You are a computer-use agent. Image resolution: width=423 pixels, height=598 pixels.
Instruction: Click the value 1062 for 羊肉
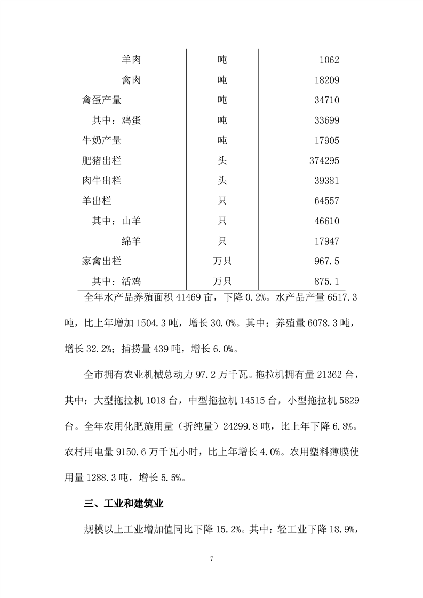click(x=327, y=60)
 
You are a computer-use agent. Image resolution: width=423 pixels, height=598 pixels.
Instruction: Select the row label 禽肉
click(x=131, y=80)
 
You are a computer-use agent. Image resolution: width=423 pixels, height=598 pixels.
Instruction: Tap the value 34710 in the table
click(x=324, y=100)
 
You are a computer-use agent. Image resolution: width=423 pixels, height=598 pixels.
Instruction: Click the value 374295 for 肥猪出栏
click(x=322, y=161)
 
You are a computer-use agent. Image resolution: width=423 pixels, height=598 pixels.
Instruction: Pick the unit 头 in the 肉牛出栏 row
click(x=222, y=181)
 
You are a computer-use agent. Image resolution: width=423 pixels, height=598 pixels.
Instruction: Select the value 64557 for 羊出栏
click(x=324, y=201)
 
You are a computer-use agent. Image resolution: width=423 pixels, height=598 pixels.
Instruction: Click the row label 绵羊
click(x=131, y=241)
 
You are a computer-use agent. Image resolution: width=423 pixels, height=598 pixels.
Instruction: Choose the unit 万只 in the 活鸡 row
click(x=222, y=281)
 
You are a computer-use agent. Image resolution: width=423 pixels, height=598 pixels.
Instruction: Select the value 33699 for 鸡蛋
click(x=324, y=120)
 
